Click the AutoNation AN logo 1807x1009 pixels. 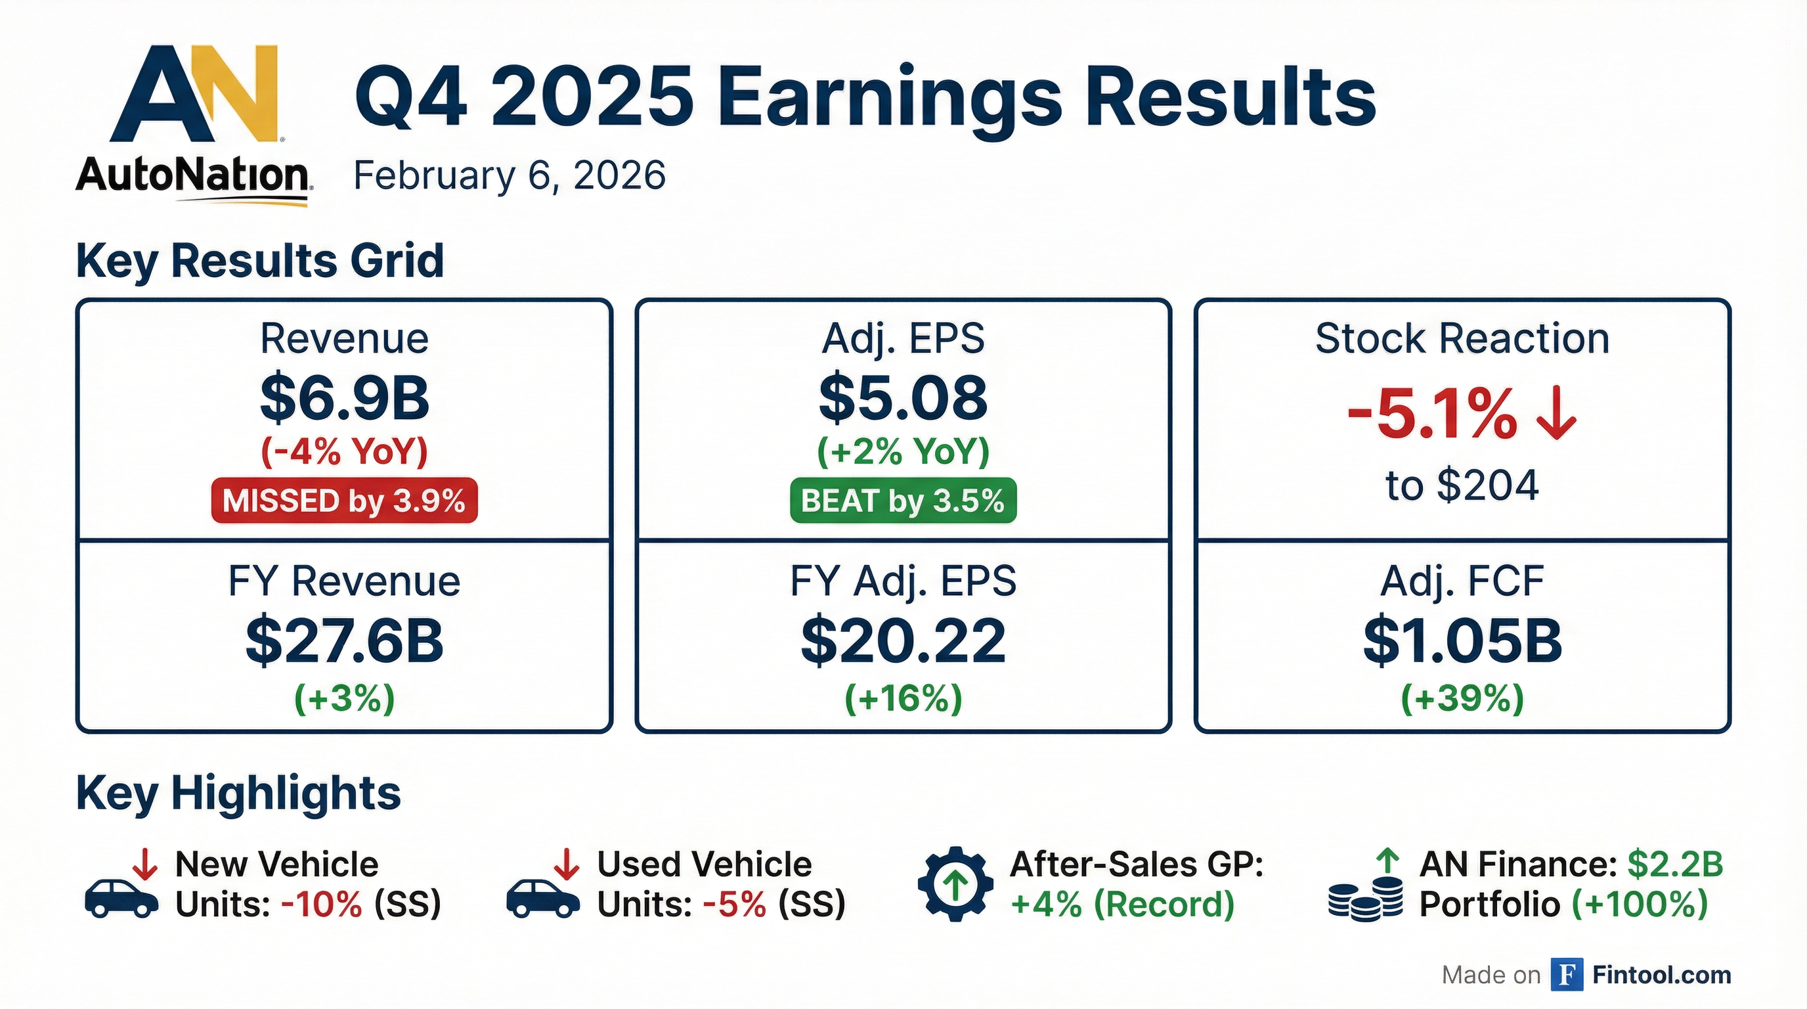click(194, 95)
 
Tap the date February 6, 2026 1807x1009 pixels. click(510, 175)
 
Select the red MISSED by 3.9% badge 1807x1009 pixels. click(343, 501)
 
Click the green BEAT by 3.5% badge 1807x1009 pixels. click(903, 501)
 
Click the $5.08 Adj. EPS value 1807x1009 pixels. click(903, 398)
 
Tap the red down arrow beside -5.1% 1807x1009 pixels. click(1556, 416)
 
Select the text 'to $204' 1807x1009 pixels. click(1462, 485)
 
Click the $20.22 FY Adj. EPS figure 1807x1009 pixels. click(903, 641)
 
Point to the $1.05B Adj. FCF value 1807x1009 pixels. click(1462, 641)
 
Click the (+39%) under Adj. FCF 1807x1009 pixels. click(1462, 699)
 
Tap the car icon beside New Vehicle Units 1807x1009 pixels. click(121, 897)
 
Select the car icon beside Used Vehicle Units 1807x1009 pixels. click(543, 897)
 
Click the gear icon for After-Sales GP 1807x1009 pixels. click(955, 884)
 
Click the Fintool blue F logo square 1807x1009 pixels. click(1567, 975)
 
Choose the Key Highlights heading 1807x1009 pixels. click(238, 794)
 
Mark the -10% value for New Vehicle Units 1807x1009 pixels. click(321, 905)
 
